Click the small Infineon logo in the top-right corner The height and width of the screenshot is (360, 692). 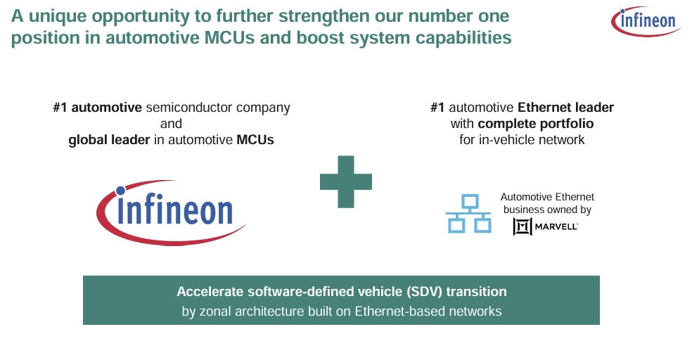point(646,21)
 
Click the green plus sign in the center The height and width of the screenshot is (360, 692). point(346,181)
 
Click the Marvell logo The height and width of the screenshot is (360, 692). point(545,226)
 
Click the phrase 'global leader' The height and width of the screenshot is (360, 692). point(109,139)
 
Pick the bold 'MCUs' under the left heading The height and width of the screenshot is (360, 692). point(255,139)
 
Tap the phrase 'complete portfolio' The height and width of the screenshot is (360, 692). point(536,124)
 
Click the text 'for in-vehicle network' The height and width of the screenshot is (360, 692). point(522,139)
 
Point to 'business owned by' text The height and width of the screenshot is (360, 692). point(547,210)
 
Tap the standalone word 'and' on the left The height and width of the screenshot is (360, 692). point(171,124)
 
